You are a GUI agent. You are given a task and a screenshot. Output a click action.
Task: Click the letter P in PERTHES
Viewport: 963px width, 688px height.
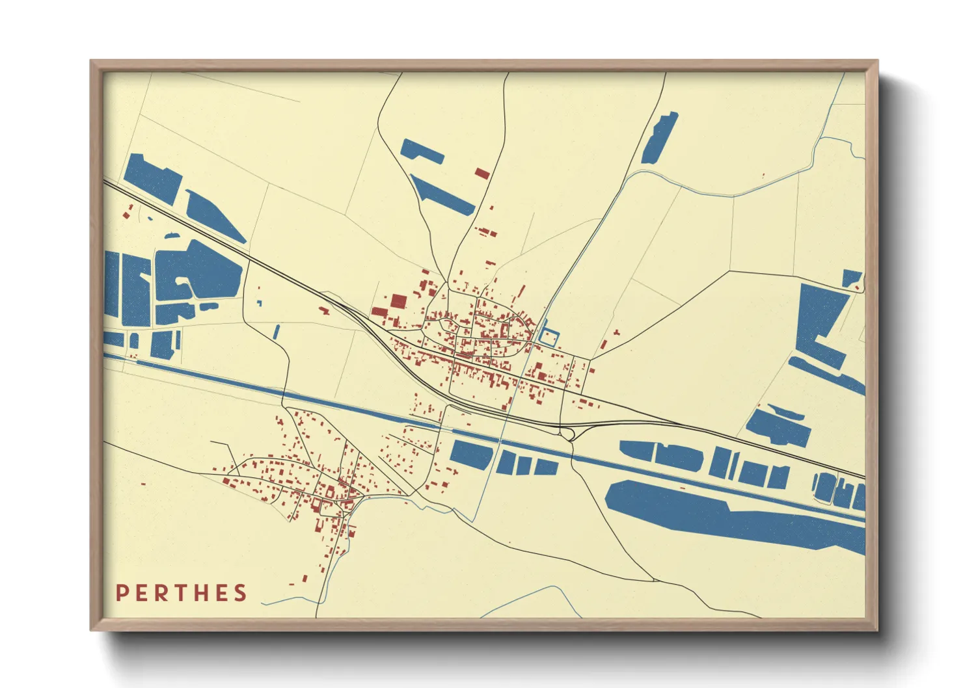click(122, 593)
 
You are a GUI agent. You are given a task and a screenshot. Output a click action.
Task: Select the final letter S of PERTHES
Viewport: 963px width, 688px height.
click(240, 593)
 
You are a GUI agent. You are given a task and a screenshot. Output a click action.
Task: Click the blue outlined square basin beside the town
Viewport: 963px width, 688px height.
click(550, 337)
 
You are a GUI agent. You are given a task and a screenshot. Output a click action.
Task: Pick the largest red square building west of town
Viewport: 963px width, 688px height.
click(398, 301)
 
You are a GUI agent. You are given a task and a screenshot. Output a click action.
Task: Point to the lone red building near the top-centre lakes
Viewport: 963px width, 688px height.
click(481, 173)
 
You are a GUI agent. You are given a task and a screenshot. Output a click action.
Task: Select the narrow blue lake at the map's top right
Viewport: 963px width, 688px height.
click(659, 137)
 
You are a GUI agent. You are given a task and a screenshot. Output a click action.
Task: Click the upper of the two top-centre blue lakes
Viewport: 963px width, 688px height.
click(422, 151)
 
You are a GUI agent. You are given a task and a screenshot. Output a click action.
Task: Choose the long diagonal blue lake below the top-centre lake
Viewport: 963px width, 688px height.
click(442, 194)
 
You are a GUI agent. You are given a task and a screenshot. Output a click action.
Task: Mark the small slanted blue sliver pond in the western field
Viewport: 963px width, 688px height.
click(277, 332)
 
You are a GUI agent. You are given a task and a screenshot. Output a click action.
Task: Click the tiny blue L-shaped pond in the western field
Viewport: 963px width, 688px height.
click(259, 302)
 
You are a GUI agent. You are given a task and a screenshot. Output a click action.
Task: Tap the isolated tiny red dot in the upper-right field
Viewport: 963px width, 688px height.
click(763, 175)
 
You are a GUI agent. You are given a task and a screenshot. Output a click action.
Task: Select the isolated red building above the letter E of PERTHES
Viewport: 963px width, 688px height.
click(143, 484)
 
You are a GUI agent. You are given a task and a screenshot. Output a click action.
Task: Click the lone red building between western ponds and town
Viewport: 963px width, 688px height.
click(323, 310)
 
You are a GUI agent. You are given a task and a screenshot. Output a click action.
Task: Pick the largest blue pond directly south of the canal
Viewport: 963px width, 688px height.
click(471, 454)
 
